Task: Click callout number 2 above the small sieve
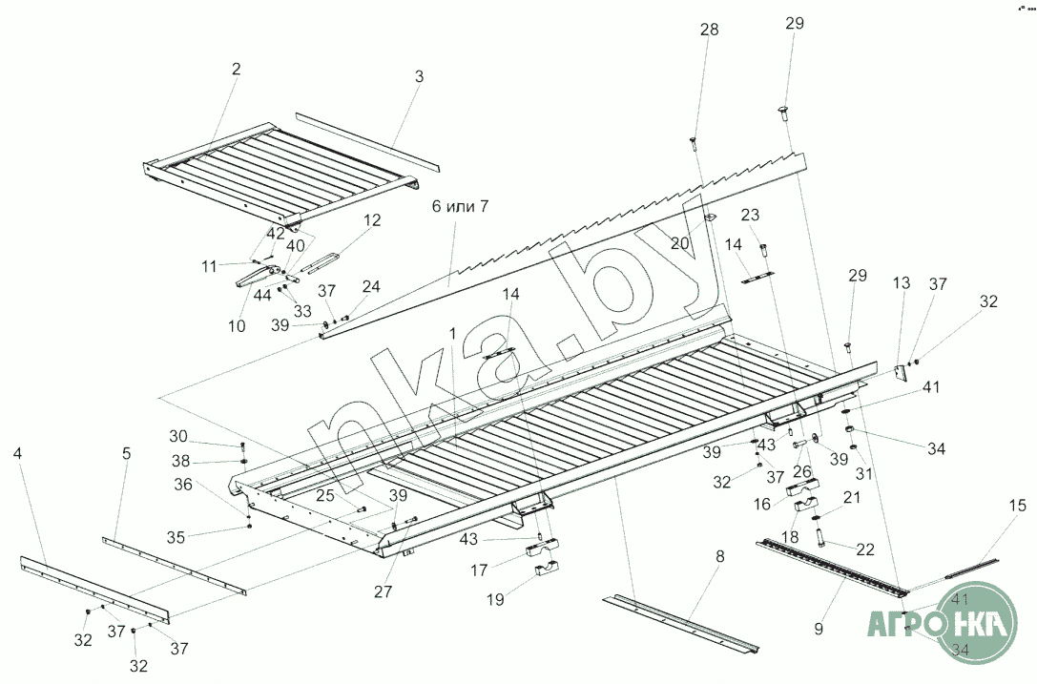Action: click(x=236, y=69)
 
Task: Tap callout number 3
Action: click(x=418, y=76)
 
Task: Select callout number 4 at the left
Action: click(x=17, y=453)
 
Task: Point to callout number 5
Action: click(x=126, y=453)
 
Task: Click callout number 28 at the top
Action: click(x=709, y=31)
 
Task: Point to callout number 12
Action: click(x=371, y=219)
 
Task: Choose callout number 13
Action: click(x=901, y=283)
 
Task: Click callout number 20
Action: click(x=678, y=243)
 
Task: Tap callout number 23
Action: click(x=750, y=215)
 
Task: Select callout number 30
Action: click(x=178, y=436)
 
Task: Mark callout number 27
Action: click(x=383, y=591)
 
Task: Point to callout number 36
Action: click(x=183, y=485)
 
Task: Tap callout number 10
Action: click(x=237, y=325)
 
